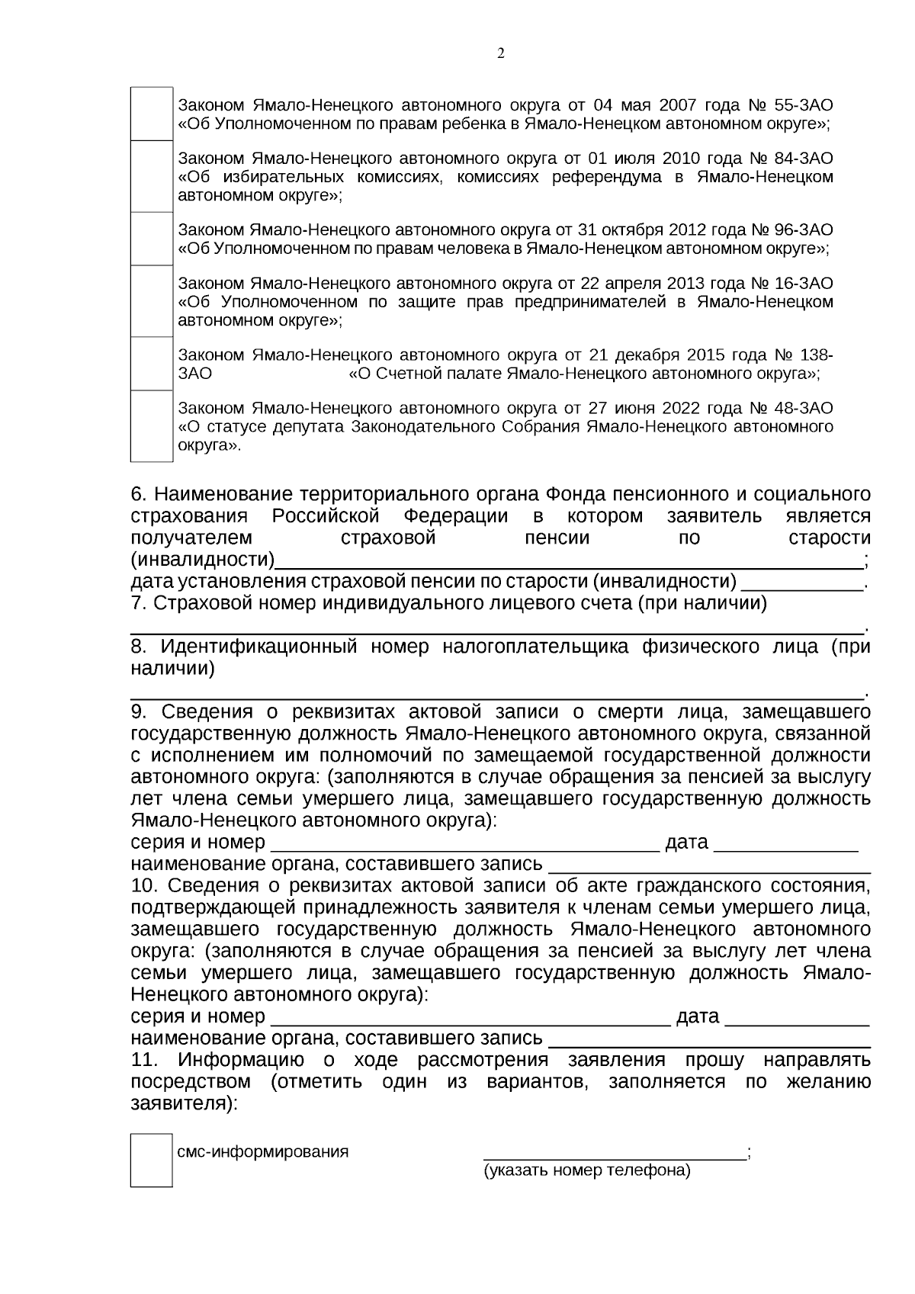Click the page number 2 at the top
500,53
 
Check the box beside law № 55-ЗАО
152,114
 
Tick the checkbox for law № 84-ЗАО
152,177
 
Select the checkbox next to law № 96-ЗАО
152,239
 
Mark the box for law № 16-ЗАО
152,302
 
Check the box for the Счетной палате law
152,364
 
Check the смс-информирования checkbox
151,1160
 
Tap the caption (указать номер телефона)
586,1170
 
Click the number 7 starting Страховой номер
137,604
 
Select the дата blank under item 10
797,1017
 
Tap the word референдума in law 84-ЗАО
603,177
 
